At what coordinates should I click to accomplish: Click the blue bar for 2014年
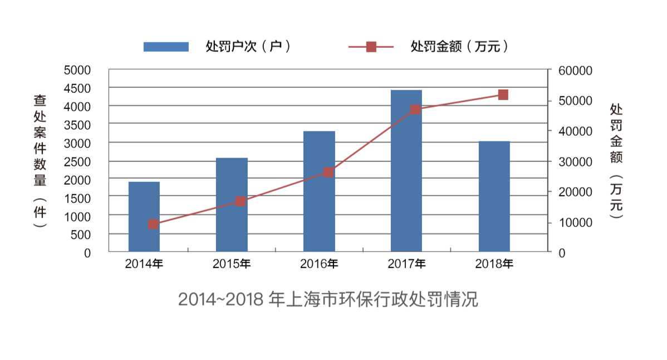coord(144,217)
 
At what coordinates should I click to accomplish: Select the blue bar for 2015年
coord(232,205)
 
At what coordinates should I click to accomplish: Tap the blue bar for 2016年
coord(319,191)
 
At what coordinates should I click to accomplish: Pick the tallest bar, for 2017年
coord(406,171)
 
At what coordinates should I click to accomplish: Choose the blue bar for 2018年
coord(494,196)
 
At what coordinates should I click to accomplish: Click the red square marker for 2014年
coord(153,224)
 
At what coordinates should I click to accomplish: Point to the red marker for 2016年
coord(328,172)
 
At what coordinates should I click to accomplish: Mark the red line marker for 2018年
coord(503,95)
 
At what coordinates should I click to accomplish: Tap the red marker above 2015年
coord(241,201)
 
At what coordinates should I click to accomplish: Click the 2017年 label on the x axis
coord(406,264)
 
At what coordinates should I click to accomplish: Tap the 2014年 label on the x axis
coord(144,264)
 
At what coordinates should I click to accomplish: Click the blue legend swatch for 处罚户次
coord(166,47)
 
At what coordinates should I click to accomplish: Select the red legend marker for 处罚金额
coord(371,47)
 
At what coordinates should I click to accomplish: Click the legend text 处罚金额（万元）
coord(459,47)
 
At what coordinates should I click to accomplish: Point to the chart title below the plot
coord(328,299)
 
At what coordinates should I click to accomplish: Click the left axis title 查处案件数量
coord(40,142)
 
